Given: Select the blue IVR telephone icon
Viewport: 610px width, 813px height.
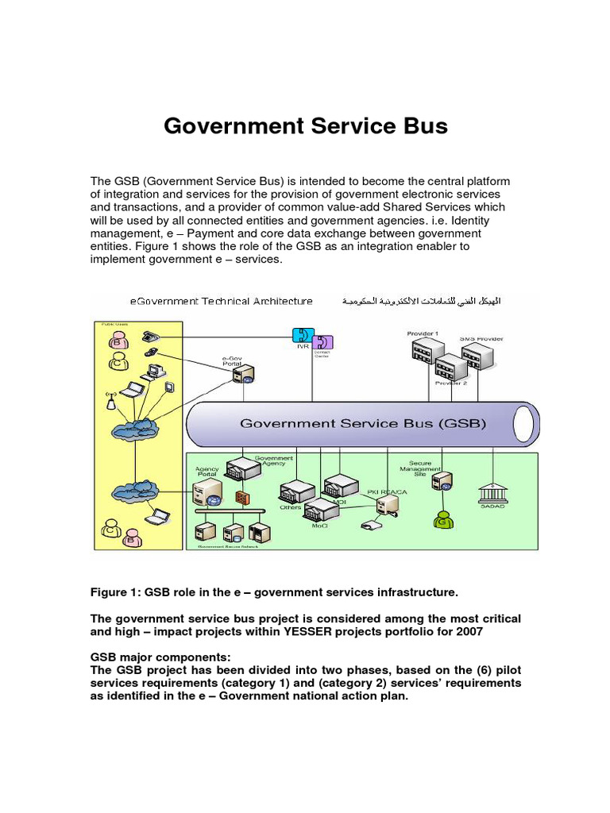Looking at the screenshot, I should [302, 335].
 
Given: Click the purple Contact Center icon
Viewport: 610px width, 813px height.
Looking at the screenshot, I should [323, 342].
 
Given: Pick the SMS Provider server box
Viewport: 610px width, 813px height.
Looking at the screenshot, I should [481, 358].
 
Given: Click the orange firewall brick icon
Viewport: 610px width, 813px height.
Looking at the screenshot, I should [241, 498].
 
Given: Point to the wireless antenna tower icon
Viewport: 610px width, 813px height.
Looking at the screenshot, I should [110, 399].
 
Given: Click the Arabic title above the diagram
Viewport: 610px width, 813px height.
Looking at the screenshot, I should [421, 302].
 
